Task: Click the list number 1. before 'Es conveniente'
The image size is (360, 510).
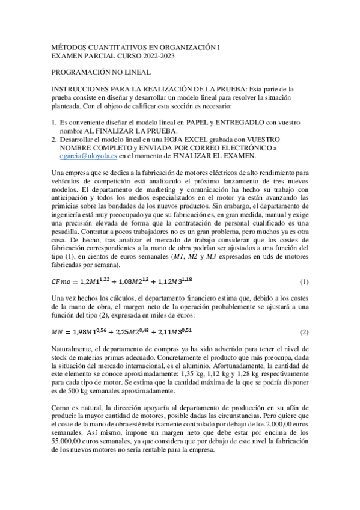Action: [53, 122]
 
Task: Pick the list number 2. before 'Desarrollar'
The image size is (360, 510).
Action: [53, 139]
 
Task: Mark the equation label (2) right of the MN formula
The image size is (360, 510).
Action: [304, 332]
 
